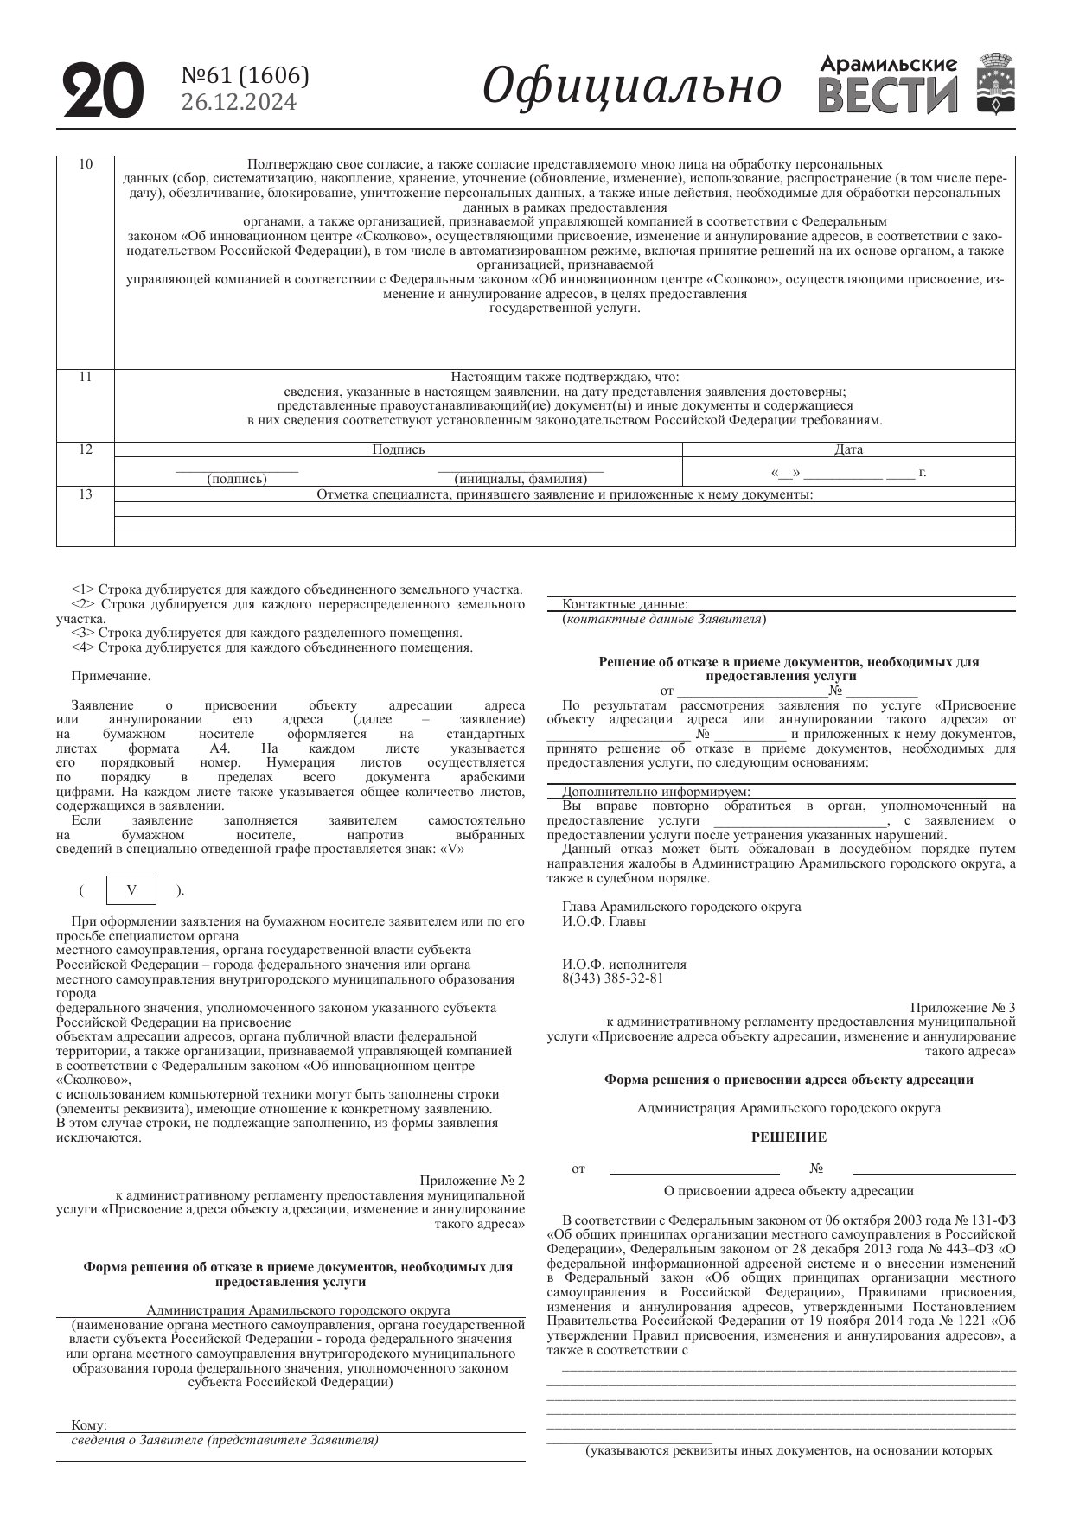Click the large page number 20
[102, 90]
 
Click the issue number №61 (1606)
[245, 76]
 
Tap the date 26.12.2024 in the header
[239, 103]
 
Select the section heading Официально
[632, 86]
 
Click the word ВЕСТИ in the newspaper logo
[888, 96]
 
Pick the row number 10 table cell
[86, 164]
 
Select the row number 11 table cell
[86, 377]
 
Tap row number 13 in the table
[86, 494]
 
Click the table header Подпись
[399, 449]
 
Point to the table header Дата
[848, 449]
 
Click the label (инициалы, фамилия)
[521, 479]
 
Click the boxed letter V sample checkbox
[131, 890]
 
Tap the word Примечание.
[111, 676]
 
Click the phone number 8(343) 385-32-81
[613, 978]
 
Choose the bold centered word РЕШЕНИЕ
[789, 1137]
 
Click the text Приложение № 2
[472, 1181]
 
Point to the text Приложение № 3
[963, 1008]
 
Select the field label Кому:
[89, 1424]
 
